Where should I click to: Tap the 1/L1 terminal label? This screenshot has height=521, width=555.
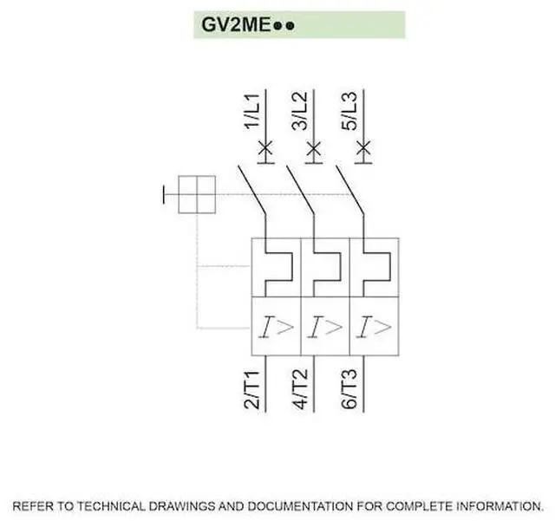[252, 109]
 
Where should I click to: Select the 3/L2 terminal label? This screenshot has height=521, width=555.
[300, 109]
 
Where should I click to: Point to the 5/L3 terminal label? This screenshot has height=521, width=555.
[349, 109]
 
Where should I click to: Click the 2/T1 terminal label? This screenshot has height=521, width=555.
[252, 392]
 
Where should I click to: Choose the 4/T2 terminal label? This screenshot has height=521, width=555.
[300, 392]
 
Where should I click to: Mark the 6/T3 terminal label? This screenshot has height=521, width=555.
[349, 392]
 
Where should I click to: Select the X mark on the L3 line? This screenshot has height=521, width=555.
[362, 148]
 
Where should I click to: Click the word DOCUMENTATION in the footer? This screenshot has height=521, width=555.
[338, 505]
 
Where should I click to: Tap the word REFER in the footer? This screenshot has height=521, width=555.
[31, 505]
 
